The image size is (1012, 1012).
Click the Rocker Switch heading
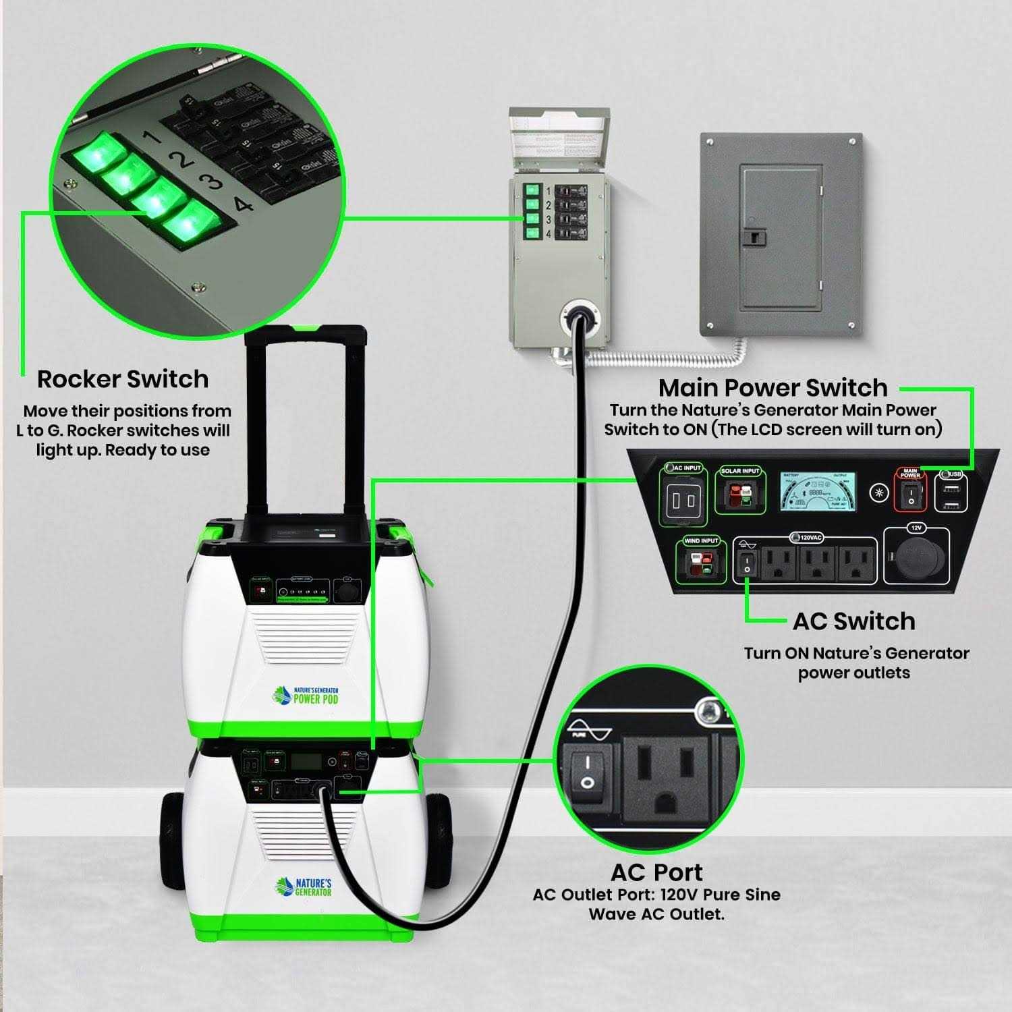tap(123, 379)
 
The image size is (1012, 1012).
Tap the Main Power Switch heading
tap(772, 388)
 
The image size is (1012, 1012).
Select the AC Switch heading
tap(853, 621)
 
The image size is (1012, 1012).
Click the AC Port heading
tap(656, 872)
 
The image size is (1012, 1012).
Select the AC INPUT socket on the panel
tap(682, 501)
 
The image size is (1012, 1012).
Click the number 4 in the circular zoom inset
tap(243, 204)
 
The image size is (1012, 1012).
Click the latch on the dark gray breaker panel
tap(756, 237)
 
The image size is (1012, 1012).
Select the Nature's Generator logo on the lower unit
tap(304, 887)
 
